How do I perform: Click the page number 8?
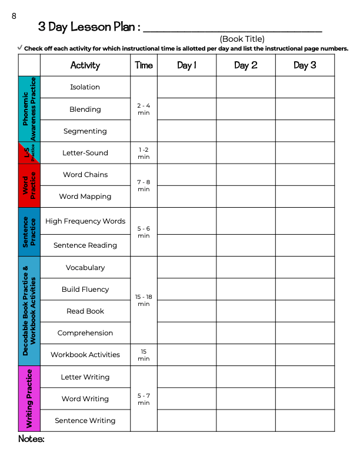(x=14, y=16)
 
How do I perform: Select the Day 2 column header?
(x=245, y=65)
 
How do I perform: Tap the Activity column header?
(x=85, y=65)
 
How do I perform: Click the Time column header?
(x=144, y=65)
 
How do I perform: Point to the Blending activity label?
(x=85, y=109)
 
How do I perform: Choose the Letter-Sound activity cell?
(x=85, y=153)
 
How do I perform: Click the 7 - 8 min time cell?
(x=144, y=186)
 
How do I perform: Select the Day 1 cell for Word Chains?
(x=186, y=175)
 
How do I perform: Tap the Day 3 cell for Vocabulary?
(x=305, y=268)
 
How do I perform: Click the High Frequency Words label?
(x=85, y=221)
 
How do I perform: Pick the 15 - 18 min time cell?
(x=144, y=300)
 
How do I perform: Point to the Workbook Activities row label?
(x=85, y=355)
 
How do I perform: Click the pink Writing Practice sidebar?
(x=29, y=398)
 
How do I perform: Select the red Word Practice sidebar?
(x=29, y=186)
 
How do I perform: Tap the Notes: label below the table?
(x=31, y=439)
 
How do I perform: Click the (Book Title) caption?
(x=242, y=39)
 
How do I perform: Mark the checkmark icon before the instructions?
(x=21, y=47)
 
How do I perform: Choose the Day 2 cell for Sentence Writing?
(x=245, y=421)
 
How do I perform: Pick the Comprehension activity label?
(x=85, y=333)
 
